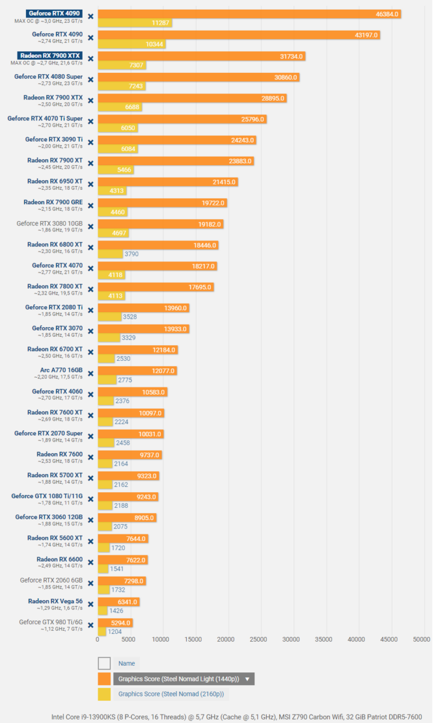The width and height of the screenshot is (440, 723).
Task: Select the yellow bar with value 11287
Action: coord(134,23)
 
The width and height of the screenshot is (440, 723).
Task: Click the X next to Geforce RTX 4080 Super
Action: coord(90,80)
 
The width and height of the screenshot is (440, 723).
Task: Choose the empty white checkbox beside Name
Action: coord(104,663)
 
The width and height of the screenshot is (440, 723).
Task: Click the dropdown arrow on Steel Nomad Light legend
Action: coord(247,679)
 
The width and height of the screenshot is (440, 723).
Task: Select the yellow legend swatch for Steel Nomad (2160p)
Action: coord(104,694)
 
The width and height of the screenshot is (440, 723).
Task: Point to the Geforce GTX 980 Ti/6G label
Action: coord(51,622)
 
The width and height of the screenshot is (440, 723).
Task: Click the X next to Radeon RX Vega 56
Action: coord(90,604)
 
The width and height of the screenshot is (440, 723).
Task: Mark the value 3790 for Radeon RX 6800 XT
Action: coord(131,254)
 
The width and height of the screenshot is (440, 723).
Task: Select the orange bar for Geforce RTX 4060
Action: coord(132,392)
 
